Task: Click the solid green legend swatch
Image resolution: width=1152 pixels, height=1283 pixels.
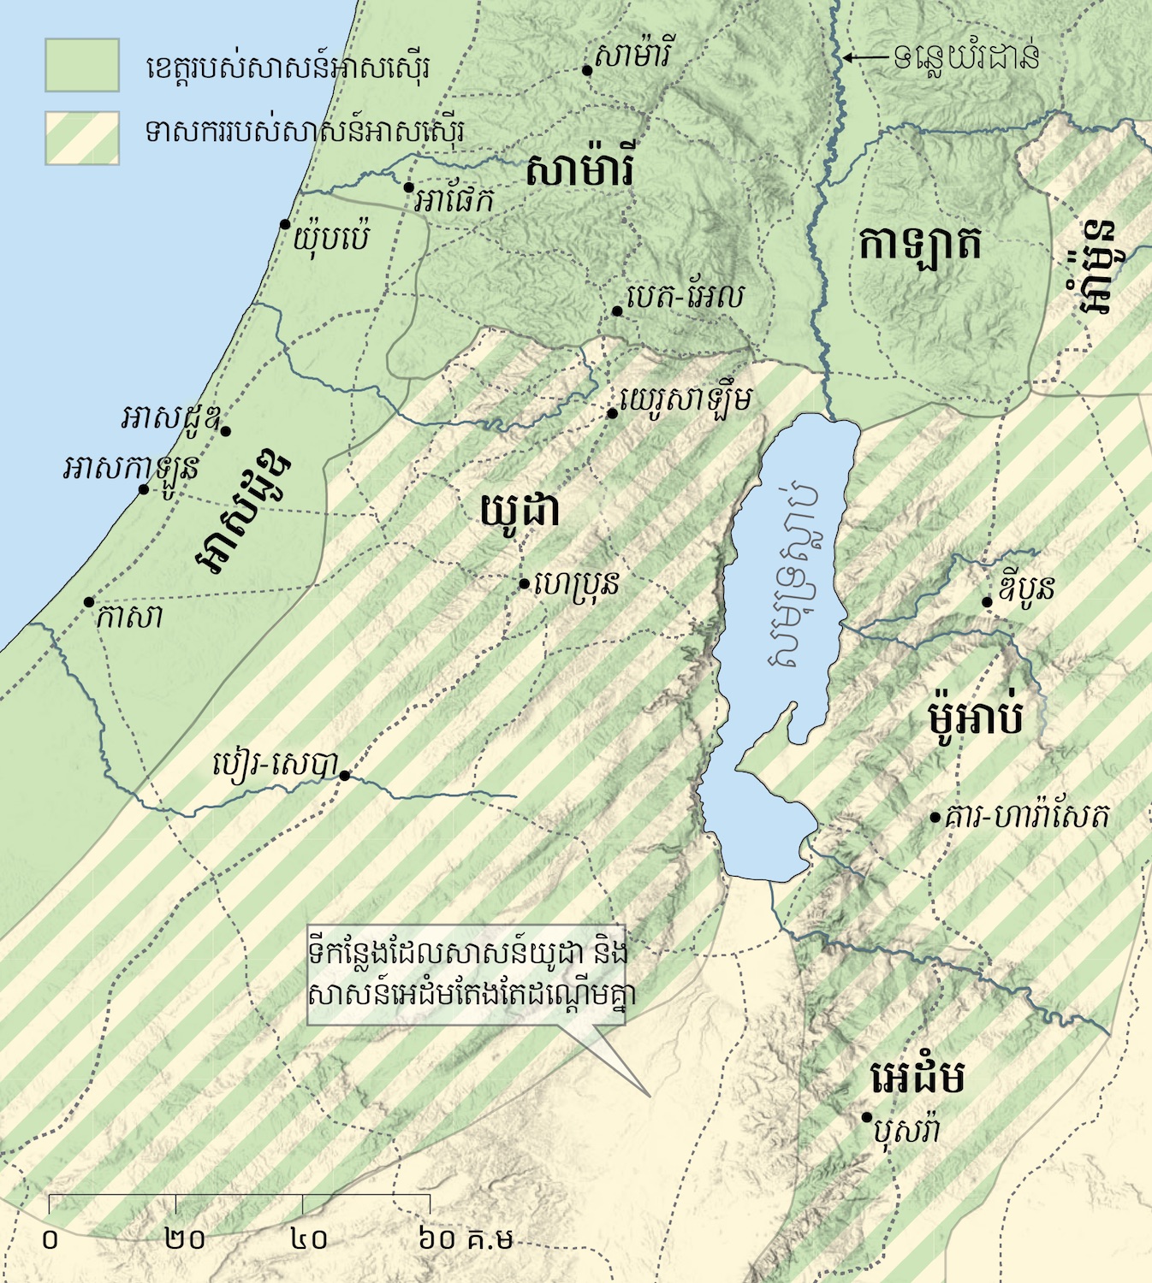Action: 82,65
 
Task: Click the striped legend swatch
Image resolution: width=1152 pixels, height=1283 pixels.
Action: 82,138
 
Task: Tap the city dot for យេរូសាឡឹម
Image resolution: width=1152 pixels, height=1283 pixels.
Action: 613,414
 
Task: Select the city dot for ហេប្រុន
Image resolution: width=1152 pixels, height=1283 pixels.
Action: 524,584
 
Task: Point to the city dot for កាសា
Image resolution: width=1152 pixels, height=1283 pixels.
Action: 88,602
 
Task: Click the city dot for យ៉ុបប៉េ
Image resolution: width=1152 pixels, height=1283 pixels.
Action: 285,224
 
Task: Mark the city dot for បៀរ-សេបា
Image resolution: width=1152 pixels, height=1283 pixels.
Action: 344,776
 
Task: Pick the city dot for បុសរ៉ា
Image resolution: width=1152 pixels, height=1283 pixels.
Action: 866,1117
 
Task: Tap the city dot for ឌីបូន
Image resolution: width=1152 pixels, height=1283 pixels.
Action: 987,602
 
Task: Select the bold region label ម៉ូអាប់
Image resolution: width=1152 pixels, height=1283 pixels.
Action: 976,716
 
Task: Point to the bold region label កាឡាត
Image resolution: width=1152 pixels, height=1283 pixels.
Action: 920,245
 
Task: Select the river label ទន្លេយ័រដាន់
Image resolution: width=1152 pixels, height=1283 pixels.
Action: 967,57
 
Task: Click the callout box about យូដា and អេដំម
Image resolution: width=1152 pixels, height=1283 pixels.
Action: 467,974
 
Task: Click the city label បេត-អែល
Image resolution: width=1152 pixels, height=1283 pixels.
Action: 685,297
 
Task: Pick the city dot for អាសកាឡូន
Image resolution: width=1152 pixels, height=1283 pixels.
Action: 144,489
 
